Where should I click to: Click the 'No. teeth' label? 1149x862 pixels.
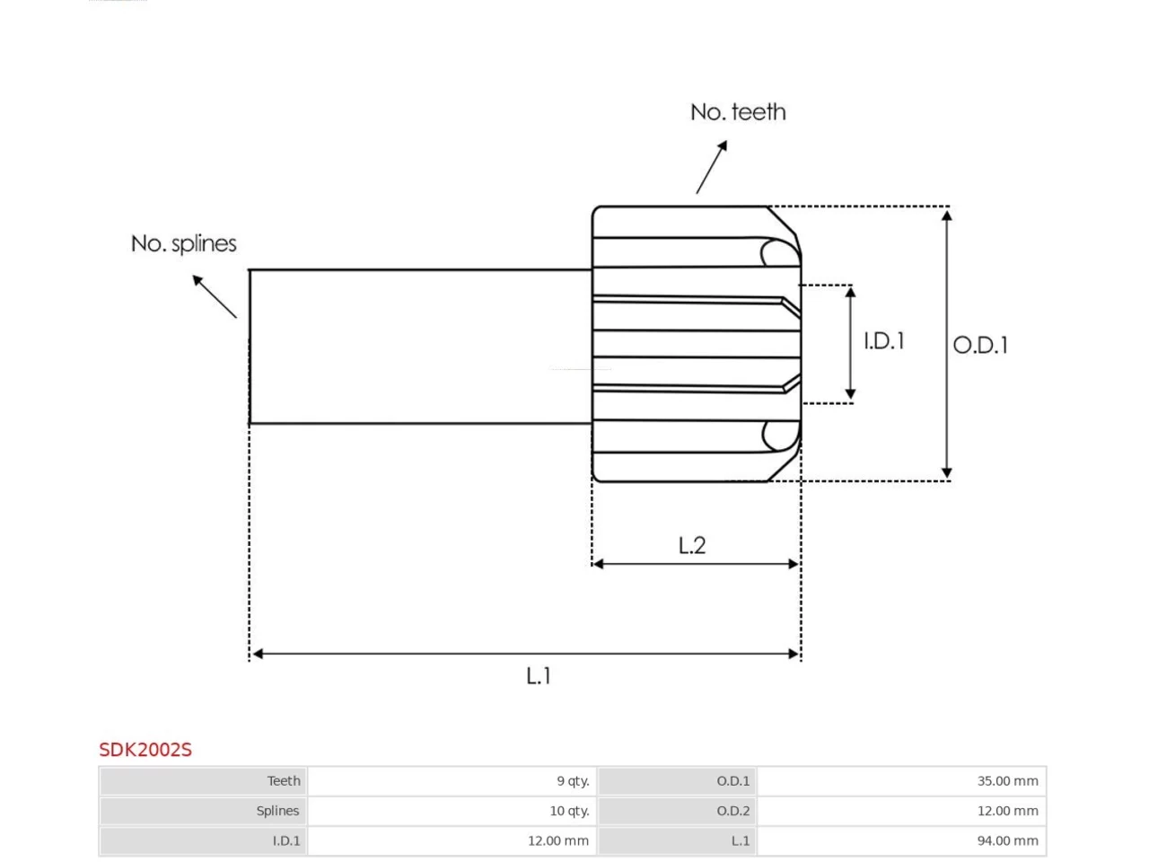[x=738, y=112]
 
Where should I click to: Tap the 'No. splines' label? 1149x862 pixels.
[x=184, y=244]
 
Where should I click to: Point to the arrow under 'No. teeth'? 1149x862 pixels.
[x=711, y=167]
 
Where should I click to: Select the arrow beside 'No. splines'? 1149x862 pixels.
[x=215, y=296]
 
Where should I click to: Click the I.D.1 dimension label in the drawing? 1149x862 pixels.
[x=884, y=341]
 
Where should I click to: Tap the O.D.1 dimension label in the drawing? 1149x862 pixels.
[x=980, y=346]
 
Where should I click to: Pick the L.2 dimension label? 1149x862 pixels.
[x=692, y=546]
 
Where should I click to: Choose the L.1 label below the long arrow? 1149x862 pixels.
[x=539, y=676]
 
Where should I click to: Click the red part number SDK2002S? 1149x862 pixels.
[x=145, y=750]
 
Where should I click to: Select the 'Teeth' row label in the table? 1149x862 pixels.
[x=284, y=781]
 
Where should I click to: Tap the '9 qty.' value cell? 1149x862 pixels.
[x=574, y=781]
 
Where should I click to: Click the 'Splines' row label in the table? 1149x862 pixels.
[x=277, y=811]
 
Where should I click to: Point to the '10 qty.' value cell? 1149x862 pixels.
[x=569, y=811]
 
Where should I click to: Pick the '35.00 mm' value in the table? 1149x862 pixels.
[x=1008, y=781]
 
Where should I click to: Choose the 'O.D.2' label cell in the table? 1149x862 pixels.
[x=732, y=811]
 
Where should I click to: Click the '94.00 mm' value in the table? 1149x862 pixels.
[x=1008, y=840]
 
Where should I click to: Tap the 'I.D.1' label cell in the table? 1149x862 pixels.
[x=286, y=840]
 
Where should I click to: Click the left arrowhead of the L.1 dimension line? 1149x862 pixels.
[x=258, y=654]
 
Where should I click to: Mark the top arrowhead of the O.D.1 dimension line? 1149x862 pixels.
[x=947, y=215]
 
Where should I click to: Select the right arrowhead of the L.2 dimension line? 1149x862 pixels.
[x=794, y=564]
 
